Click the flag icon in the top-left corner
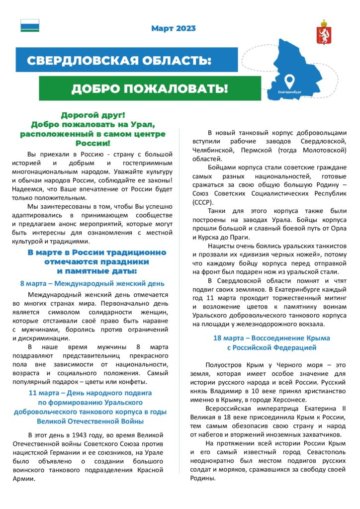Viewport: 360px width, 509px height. pyautogui.click(x=30, y=25)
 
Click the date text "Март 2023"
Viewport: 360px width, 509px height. pyautogui.click(x=174, y=28)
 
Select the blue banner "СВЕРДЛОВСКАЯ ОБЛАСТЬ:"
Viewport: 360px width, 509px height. pyautogui.click(x=119, y=61)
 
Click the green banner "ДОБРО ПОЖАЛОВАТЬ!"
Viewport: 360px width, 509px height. pyautogui.click(x=149, y=89)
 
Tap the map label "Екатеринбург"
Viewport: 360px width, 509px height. pyautogui.click(x=290, y=92)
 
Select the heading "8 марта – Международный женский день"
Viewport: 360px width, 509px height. pyautogui.click(x=92, y=283)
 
